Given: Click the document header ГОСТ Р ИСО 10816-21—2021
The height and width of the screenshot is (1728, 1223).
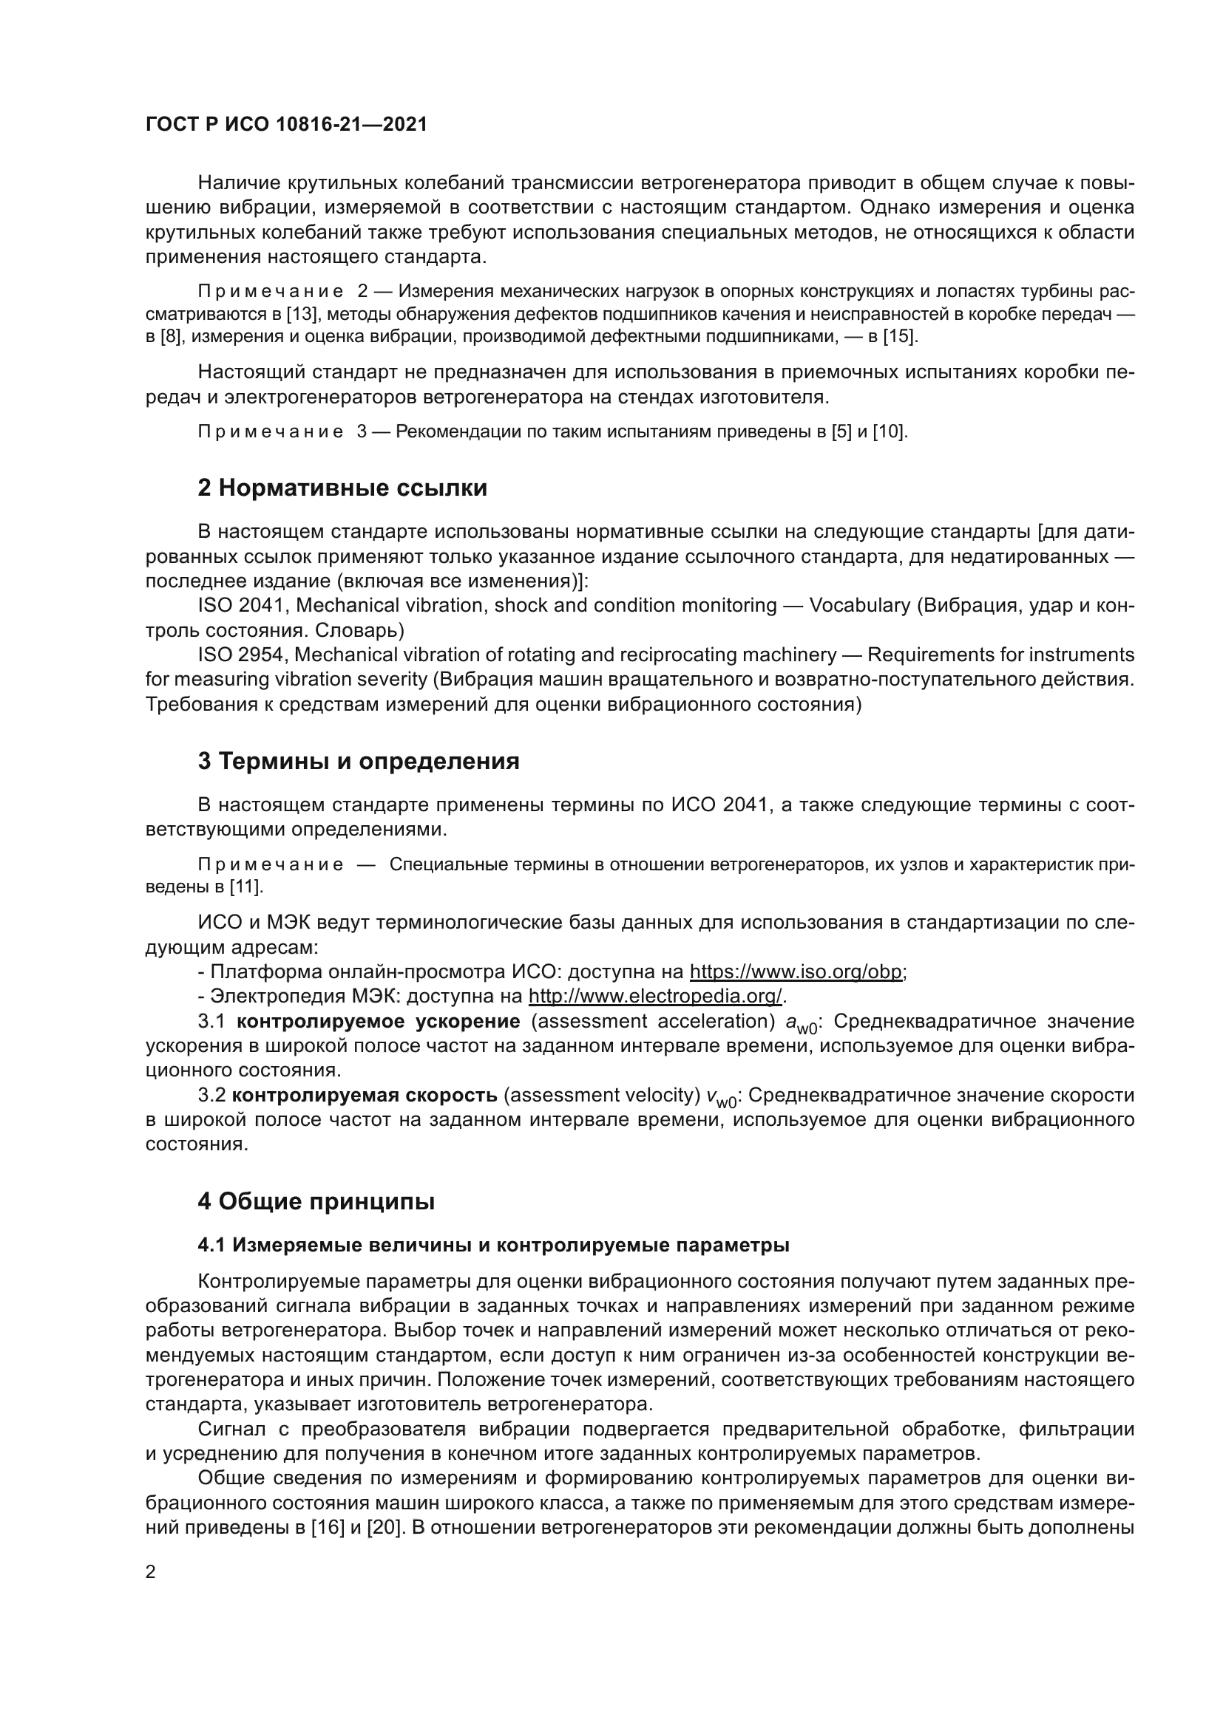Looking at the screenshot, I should [286, 125].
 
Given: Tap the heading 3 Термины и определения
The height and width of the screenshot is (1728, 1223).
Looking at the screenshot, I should [359, 761].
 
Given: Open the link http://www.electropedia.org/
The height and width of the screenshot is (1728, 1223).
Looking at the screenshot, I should [655, 997].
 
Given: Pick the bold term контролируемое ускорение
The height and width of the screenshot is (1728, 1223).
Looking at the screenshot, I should [378, 1021].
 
